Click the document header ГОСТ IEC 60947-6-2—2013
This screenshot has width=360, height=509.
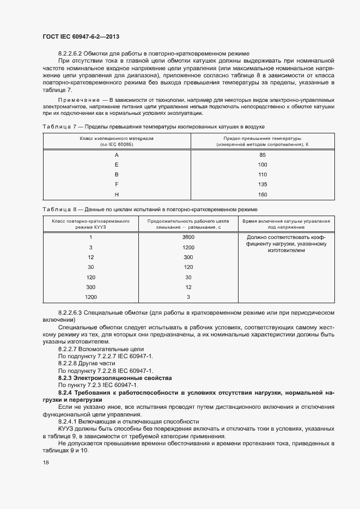click(81, 36)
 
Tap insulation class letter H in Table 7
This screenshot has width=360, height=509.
click(117, 194)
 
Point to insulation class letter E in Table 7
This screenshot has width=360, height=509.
click(117, 164)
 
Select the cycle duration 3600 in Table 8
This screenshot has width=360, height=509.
click(188, 237)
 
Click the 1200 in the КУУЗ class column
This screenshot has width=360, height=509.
click(90, 297)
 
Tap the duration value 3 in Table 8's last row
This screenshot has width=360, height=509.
click(188, 297)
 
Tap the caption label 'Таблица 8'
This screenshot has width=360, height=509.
click(57, 209)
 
